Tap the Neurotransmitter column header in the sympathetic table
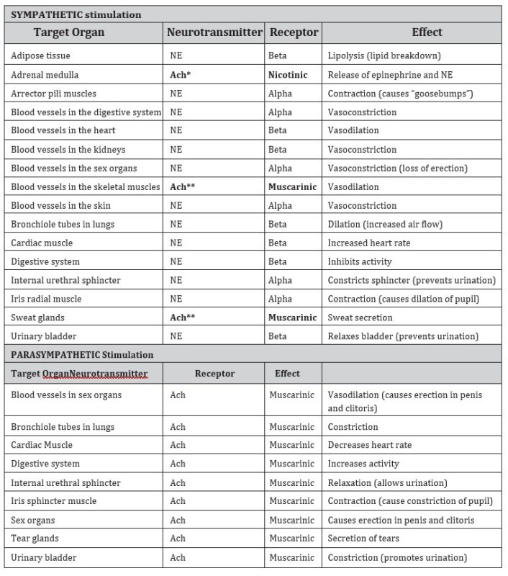click(x=214, y=32)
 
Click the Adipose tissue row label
click(x=41, y=55)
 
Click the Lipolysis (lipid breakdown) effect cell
click(x=384, y=55)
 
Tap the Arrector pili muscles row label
click(x=54, y=93)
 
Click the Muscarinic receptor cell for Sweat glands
click(x=293, y=318)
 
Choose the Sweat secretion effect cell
click(x=360, y=318)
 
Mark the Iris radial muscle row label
click(x=47, y=299)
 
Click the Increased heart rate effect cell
click(x=369, y=243)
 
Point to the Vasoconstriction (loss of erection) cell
click(x=397, y=168)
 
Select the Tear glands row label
click(x=35, y=538)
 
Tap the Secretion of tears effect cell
click(x=363, y=538)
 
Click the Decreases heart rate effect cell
click(x=370, y=445)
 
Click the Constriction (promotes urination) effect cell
click(x=397, y=557)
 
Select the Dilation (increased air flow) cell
click(x=385, y=224)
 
